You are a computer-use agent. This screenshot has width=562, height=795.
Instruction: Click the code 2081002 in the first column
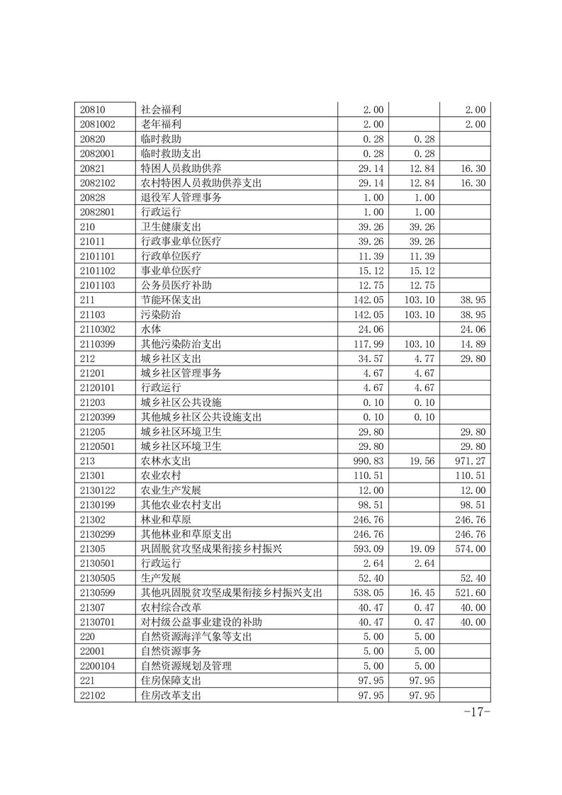coord(99,124)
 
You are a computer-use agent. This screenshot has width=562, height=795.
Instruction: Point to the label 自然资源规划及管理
coord(186,665)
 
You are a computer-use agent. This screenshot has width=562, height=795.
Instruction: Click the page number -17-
coord(476,712)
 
